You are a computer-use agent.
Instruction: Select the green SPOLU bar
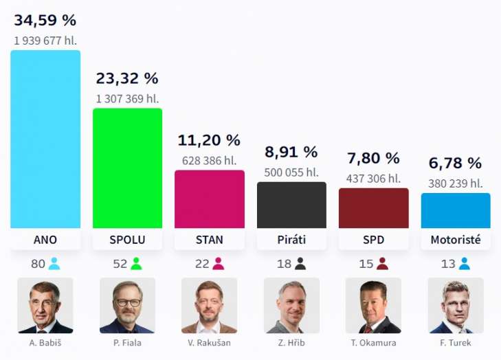[x=127, y=168]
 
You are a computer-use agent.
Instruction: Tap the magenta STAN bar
[x=210, y=199]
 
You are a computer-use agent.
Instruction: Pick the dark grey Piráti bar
[x=291, y=205]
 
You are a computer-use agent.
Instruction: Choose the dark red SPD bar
[x=374, y=207]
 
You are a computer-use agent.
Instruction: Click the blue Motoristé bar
[x=456, y=210]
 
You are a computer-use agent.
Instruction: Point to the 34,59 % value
[x=45, y=21]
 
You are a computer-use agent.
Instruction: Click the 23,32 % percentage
[x=127, y=79]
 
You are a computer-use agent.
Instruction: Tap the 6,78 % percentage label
[x=456, y=164]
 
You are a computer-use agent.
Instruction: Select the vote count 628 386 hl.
[x=210, y=160]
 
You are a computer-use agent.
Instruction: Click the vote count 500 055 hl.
[x=291, y=172]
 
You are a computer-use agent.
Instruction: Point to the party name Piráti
[x=291, y=240]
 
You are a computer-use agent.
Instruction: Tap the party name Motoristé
[x=456, y=240]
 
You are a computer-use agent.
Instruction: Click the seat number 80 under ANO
[x=38, y=264]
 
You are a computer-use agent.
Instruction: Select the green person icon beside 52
[x=136, y=264]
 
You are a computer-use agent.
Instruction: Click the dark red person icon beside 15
[x=383, y=264]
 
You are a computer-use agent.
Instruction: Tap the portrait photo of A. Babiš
[x=45, y=305]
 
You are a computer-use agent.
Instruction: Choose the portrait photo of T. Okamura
[x=374, y=305]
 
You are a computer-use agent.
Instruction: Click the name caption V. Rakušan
[x=210, y=343]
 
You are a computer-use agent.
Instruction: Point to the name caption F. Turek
[x=456, y=343]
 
